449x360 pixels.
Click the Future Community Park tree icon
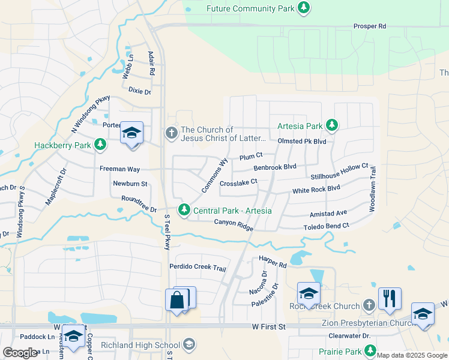pyautogui.click(x=304, y=8)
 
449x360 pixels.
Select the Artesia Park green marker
pyautogui.click(x=331, y=126)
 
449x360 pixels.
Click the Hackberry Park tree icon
pyautogui.click(x=101, y=145)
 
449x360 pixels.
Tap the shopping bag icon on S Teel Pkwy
pyautogui.click(x=178, y=301)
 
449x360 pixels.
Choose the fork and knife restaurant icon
pyautogui.click(x=390, y=298)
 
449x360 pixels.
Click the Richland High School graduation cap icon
pyautogui.click(x=189, y=344)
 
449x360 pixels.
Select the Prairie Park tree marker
pyautogui.click(x=371, y=350)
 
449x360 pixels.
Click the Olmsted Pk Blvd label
pyautogui.click(x=301, y=141)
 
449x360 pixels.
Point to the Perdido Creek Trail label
pyautogui.click(x=197, y=268)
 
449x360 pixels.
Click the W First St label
pyautogui.click(x=268, y=326)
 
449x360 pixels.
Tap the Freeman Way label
pyautogui.click(x=119, y=169)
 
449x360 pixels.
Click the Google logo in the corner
pyautogui.click(x=20, y=353)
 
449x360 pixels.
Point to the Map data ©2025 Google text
pyautogui.click(x=412, y=355)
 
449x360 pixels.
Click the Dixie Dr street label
pyautogui.click(x=139, y=91)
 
